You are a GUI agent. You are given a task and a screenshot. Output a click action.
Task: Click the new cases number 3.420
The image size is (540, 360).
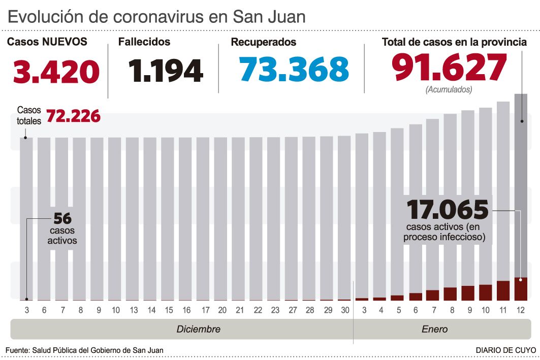click(56, 72)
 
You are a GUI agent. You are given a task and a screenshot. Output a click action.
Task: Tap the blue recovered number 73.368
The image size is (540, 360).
click(295, 70)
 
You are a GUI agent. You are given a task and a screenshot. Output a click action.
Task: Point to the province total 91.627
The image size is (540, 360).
click(449, 69)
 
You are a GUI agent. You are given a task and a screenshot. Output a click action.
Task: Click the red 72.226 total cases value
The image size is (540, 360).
click(73, 116)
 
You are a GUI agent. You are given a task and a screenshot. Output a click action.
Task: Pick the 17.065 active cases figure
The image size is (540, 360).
click(448, 209)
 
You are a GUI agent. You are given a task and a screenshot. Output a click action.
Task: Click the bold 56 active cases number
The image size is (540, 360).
click(62, 219)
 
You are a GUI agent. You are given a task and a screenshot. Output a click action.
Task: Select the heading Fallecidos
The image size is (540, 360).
click(144, 42)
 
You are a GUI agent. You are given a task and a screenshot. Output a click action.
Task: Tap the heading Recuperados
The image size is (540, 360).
click(263, 42)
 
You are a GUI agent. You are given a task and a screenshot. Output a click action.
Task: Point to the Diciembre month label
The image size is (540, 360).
click(198, 329)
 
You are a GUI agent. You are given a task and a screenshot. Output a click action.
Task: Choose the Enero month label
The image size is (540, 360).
click(434, 329)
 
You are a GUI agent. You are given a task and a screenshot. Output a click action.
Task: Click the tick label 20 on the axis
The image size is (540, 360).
click(223, 310)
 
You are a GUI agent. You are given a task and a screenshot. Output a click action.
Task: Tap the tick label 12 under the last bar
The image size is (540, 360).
click(521, 310)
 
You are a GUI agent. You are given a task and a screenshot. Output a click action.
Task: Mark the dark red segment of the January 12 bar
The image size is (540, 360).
click(521, 289)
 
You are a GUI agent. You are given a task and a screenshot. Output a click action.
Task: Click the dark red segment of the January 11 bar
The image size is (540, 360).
click(503, 290)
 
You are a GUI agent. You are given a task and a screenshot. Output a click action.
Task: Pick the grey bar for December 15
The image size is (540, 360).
click(169, 218)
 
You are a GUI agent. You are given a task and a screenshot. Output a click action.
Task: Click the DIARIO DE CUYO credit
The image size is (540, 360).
click(505, 350)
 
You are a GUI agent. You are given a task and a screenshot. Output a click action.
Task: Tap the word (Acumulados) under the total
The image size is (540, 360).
click(449, 89)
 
